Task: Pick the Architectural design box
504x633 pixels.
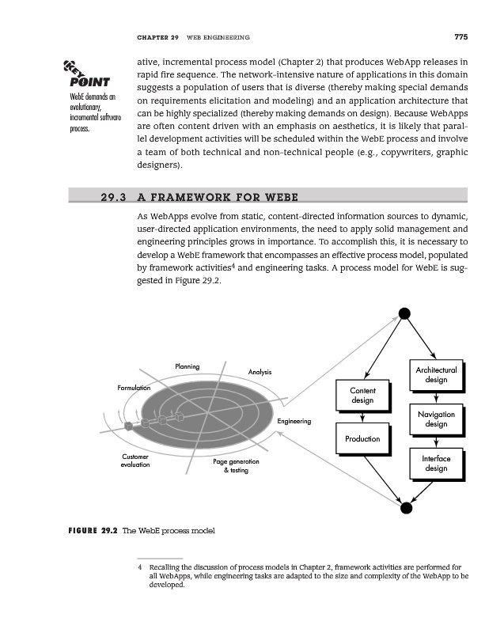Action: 435,375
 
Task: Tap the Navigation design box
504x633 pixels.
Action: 435,419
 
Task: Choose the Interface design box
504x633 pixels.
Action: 435,464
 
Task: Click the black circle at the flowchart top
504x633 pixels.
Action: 404,313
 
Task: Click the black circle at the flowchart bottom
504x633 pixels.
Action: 404,508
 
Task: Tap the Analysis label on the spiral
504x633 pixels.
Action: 260,372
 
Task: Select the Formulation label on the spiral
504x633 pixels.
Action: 134,388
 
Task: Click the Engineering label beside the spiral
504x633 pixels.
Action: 294,422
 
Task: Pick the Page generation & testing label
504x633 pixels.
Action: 236,466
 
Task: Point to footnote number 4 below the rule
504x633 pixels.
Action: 139,567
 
